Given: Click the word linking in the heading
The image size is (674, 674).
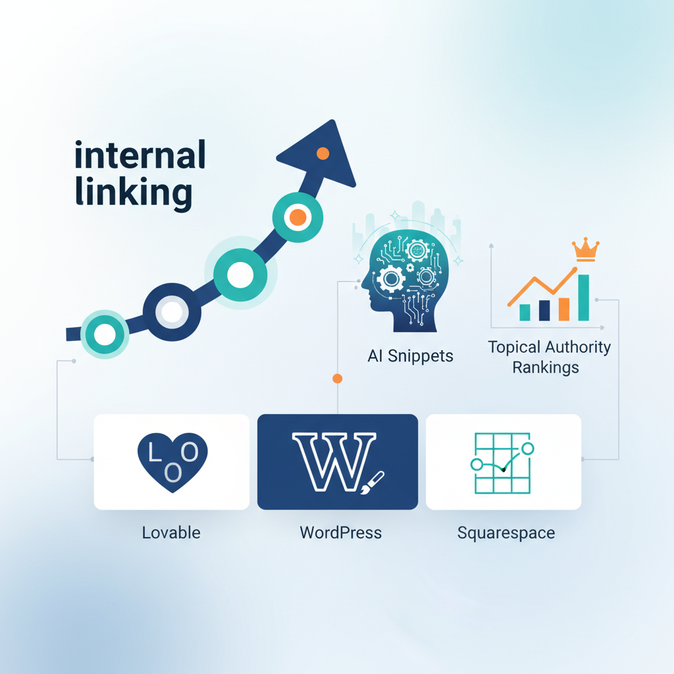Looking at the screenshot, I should click(x=134, y=192).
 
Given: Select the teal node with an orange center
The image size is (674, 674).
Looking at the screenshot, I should click(x=298, y=217).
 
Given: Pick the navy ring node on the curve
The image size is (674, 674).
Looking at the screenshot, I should click(x=172, y=311).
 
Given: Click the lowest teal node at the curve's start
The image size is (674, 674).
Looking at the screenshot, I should click(x=104, y=334).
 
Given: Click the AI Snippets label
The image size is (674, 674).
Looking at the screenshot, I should click(x=410, y=356).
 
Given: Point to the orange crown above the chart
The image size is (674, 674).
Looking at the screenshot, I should click(x=585, y=249).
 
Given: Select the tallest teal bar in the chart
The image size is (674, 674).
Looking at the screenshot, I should click(x=583, y=298).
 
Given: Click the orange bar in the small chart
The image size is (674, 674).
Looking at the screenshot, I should click(x=563, y=309).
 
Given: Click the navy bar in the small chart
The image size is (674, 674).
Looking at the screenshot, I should click(x=544, y=310).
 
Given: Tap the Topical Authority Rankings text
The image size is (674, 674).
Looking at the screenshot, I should click(x=549, y=356).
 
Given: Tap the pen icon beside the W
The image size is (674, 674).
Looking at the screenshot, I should click(x=373, y=481).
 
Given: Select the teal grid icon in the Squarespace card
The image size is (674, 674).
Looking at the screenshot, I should click(x=502, y=462).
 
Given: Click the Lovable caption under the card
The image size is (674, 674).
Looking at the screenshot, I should click(x=171, y=532).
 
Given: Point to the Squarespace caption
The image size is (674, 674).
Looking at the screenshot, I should click(x=505, y=532).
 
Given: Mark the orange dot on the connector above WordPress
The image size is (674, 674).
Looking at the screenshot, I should click(x=338, y=378).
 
